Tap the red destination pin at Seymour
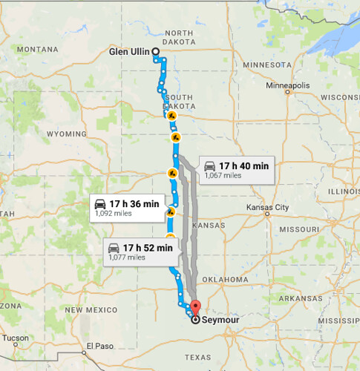pyautogui.click(x=195, y=306)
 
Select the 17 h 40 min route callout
pyautogui.click(x=235, y=170)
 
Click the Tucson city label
pyautogui.click(x=15, y=338)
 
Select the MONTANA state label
pyautogui.click(x=36, y=49)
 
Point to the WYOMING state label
pyautogui.click(x=66, y=134)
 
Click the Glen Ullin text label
pyautogui.click(x=130, y=52)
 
